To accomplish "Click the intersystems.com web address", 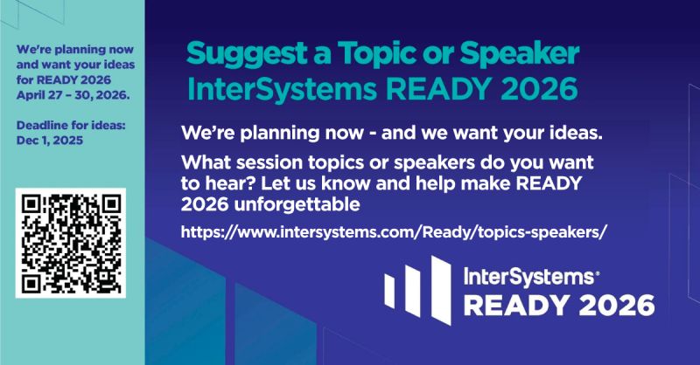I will [x=394, y=233].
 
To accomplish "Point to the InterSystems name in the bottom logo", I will [x=528, y=277].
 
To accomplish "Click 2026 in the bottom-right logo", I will [x=616, y=304].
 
